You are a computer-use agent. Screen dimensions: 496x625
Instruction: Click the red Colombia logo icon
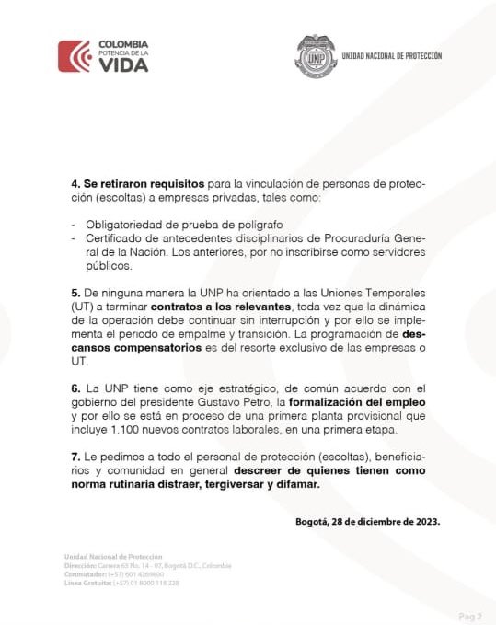[x=74, y=56]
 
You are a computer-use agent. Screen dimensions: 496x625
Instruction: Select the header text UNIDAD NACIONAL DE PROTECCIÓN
[x=391, y=56]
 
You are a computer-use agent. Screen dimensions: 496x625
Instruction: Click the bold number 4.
[x=75, y=185]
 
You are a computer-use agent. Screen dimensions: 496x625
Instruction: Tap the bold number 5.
[x=75, y=291]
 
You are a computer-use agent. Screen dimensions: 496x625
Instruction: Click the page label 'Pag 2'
[x=470, y=616]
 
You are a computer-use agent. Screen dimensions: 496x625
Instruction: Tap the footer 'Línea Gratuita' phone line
[x=121, y=584]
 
